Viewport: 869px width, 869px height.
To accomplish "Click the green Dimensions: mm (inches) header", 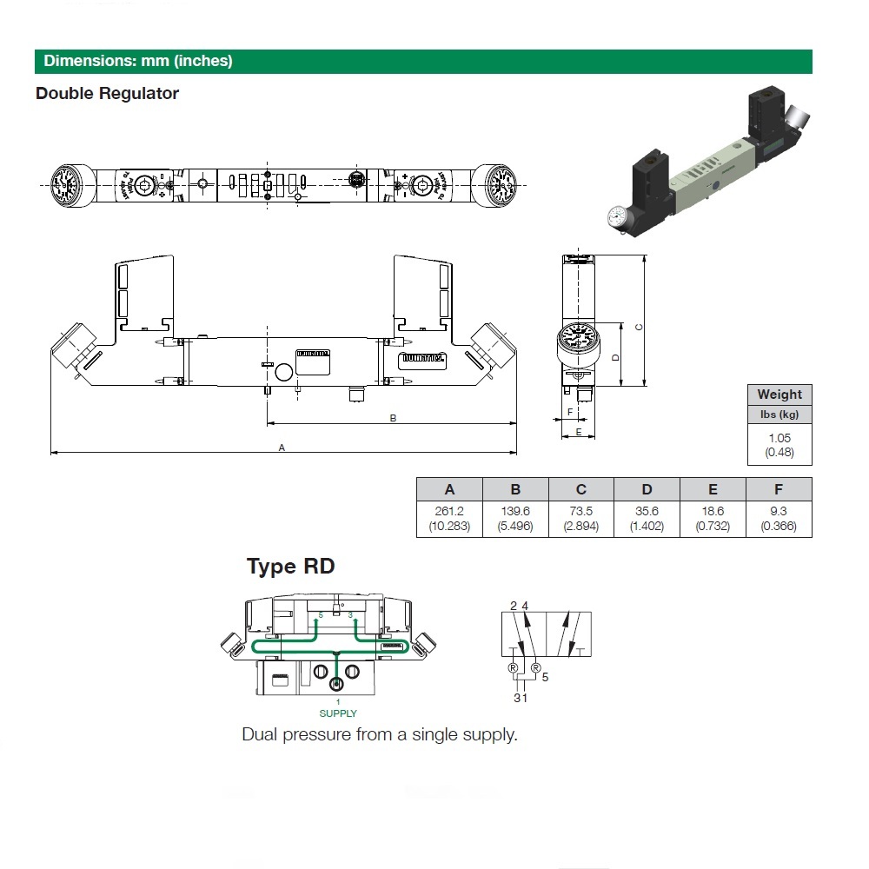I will tap(139, 62).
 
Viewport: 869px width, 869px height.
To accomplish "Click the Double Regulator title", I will tap(107, 93).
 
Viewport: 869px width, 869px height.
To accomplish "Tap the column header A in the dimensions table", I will tap(449, 489).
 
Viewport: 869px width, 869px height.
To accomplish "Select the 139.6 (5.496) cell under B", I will tap(515, 518).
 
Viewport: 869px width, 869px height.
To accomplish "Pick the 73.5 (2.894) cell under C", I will tap(581, 518).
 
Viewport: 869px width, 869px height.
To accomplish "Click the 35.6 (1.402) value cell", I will tap(647, 518).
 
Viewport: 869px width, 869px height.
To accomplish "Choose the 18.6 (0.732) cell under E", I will tap(713, 518).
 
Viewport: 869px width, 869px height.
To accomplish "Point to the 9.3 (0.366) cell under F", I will tap(779, 518).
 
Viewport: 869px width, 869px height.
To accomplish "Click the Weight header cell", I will tap(779, 395).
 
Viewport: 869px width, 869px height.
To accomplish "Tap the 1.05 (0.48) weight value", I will tap(779, 445).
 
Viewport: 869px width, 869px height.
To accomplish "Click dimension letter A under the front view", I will tap(282, 448).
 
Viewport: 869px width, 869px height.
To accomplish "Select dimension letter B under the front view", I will tap(393, 418).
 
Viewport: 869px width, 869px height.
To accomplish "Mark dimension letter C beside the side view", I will tap(639, 328).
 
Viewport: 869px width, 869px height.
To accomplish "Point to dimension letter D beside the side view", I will tap(615, 357).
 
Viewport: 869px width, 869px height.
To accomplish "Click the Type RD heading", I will tap(290, 567).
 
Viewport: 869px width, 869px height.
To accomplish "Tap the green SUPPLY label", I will tap(338, 713).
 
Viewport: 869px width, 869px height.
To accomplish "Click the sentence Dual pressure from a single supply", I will tap(380, 734).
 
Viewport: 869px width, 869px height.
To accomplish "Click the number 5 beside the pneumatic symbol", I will tap(545, 677).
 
